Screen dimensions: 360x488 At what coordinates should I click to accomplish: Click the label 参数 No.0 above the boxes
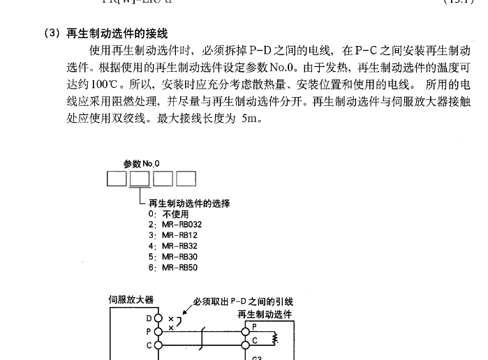click(141, 164)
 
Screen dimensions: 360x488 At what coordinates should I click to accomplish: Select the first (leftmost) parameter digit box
click(117, 179)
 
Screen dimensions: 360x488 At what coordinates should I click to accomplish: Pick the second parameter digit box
click(140, 179)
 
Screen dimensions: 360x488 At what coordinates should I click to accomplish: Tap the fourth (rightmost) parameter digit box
click(186, 179)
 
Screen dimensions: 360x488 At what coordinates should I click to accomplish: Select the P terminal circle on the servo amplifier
click(158, 331)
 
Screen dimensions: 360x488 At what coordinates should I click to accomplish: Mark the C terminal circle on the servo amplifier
click(158, 344)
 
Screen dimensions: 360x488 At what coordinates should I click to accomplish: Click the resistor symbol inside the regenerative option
click(275, 338)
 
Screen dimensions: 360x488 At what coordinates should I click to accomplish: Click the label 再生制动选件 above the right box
click(265, 314)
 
